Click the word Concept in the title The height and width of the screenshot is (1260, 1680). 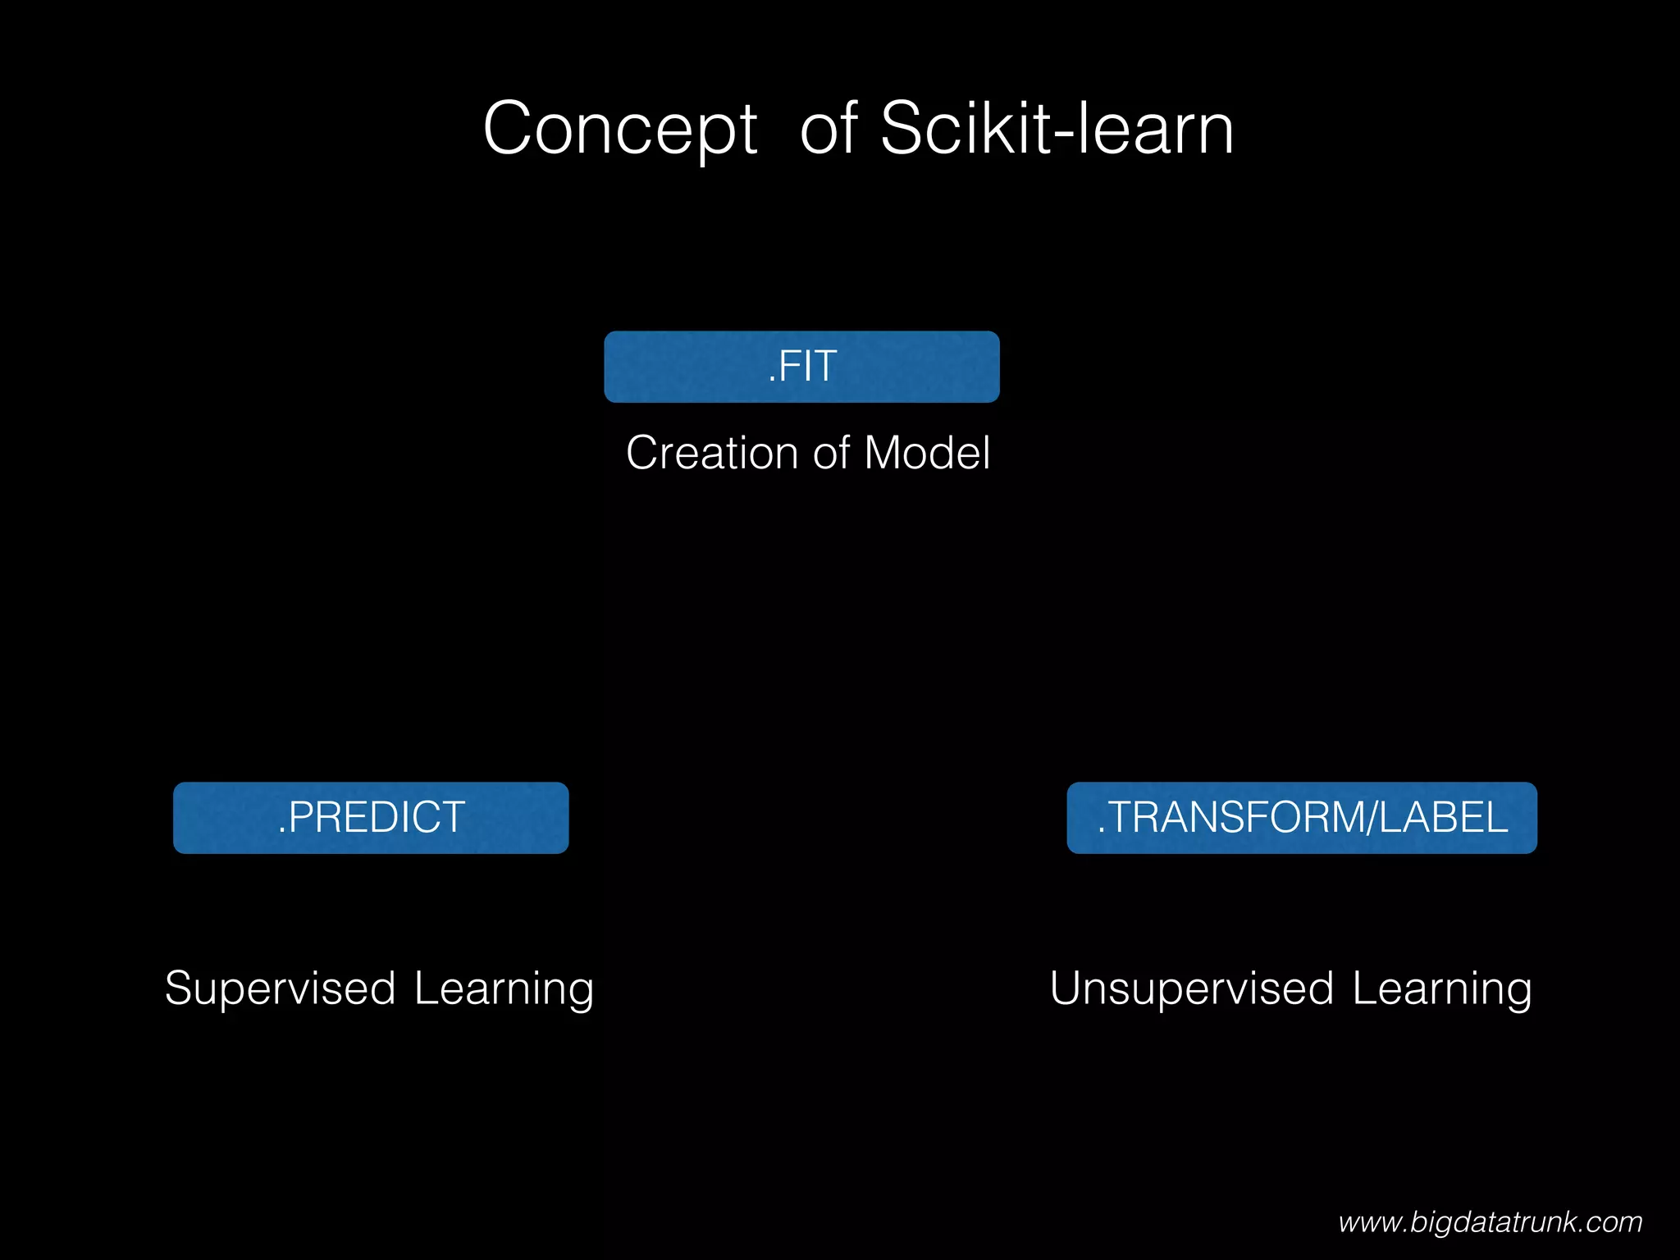[x=620, y=130]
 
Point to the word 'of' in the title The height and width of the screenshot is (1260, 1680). [x=829, y=130]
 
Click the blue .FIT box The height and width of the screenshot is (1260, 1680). [x=801, y=367]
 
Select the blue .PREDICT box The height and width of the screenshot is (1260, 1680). [x=371, y=818]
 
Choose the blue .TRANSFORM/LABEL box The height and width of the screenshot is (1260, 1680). [x=1302, y=818]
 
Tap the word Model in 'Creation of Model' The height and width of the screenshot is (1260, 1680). [x=927, y=453]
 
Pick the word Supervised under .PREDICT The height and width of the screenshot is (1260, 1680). [x=281, y=988]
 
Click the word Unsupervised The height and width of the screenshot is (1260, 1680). [x=1191, y=988]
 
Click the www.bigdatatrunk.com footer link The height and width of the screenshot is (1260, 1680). [x=1490, y=1222]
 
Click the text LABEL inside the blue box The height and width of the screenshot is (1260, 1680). [x=1443, y=818]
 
